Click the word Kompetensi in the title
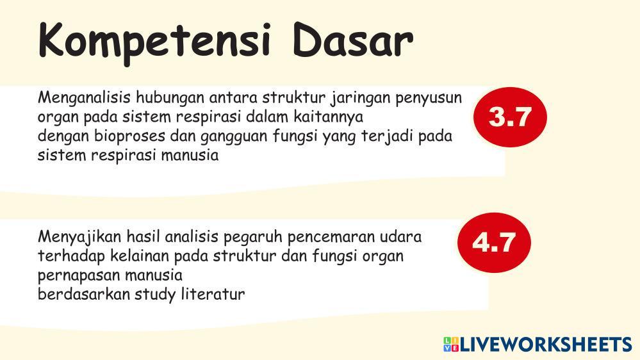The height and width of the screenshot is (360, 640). click(x=154, y=42)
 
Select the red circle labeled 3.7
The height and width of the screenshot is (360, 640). click(x=510, y=117)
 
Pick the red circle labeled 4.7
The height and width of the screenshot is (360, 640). click(x=494, y=242)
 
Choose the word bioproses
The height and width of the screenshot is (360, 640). click(x=130, y=136)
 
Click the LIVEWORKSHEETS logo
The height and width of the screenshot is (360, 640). click(x=537, y=345)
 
